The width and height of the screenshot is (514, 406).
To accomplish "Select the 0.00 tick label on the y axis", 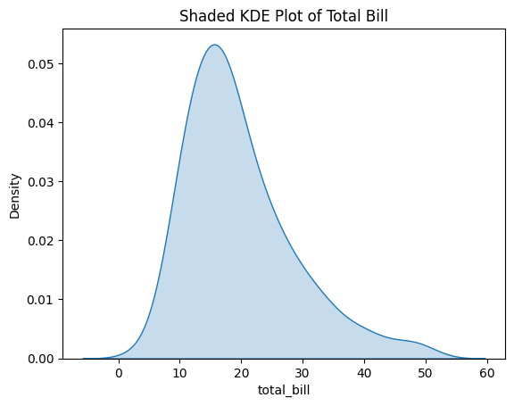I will point(41,358).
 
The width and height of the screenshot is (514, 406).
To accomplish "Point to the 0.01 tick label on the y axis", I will point(41,299).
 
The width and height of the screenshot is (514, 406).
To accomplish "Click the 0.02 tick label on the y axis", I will point(41,240).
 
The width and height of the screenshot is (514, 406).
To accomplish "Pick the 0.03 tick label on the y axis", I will point(41,181).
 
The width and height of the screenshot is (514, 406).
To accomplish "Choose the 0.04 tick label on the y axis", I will point(41,122).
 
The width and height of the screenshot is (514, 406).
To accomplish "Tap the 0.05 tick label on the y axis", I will point(41,64).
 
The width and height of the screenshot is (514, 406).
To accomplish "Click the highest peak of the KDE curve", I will point(214,45).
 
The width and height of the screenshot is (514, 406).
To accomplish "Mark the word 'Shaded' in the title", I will point(203,16).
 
